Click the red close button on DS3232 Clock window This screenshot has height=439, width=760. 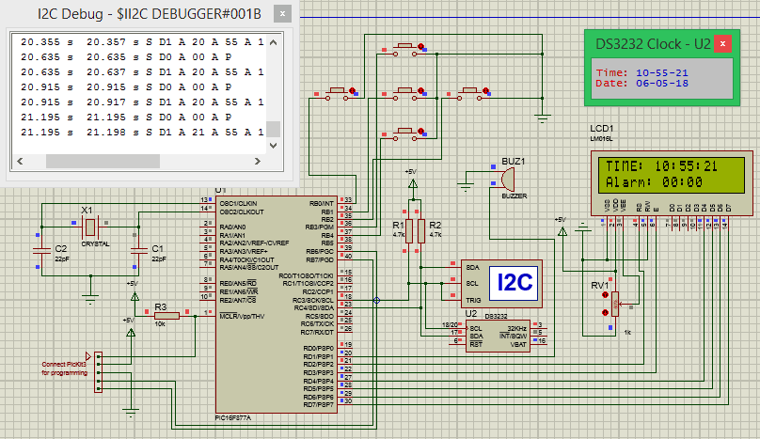[722, 44]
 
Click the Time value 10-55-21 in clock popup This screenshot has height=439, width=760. [661, 71]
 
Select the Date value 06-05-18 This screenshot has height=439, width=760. [661, 83]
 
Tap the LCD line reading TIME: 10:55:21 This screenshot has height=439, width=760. [662, 165]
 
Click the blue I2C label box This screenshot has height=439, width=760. [515, 281]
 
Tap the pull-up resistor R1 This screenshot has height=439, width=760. [409, 230]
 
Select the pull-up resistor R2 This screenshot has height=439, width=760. [420, 230]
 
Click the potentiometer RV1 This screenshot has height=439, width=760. [613, 303]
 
